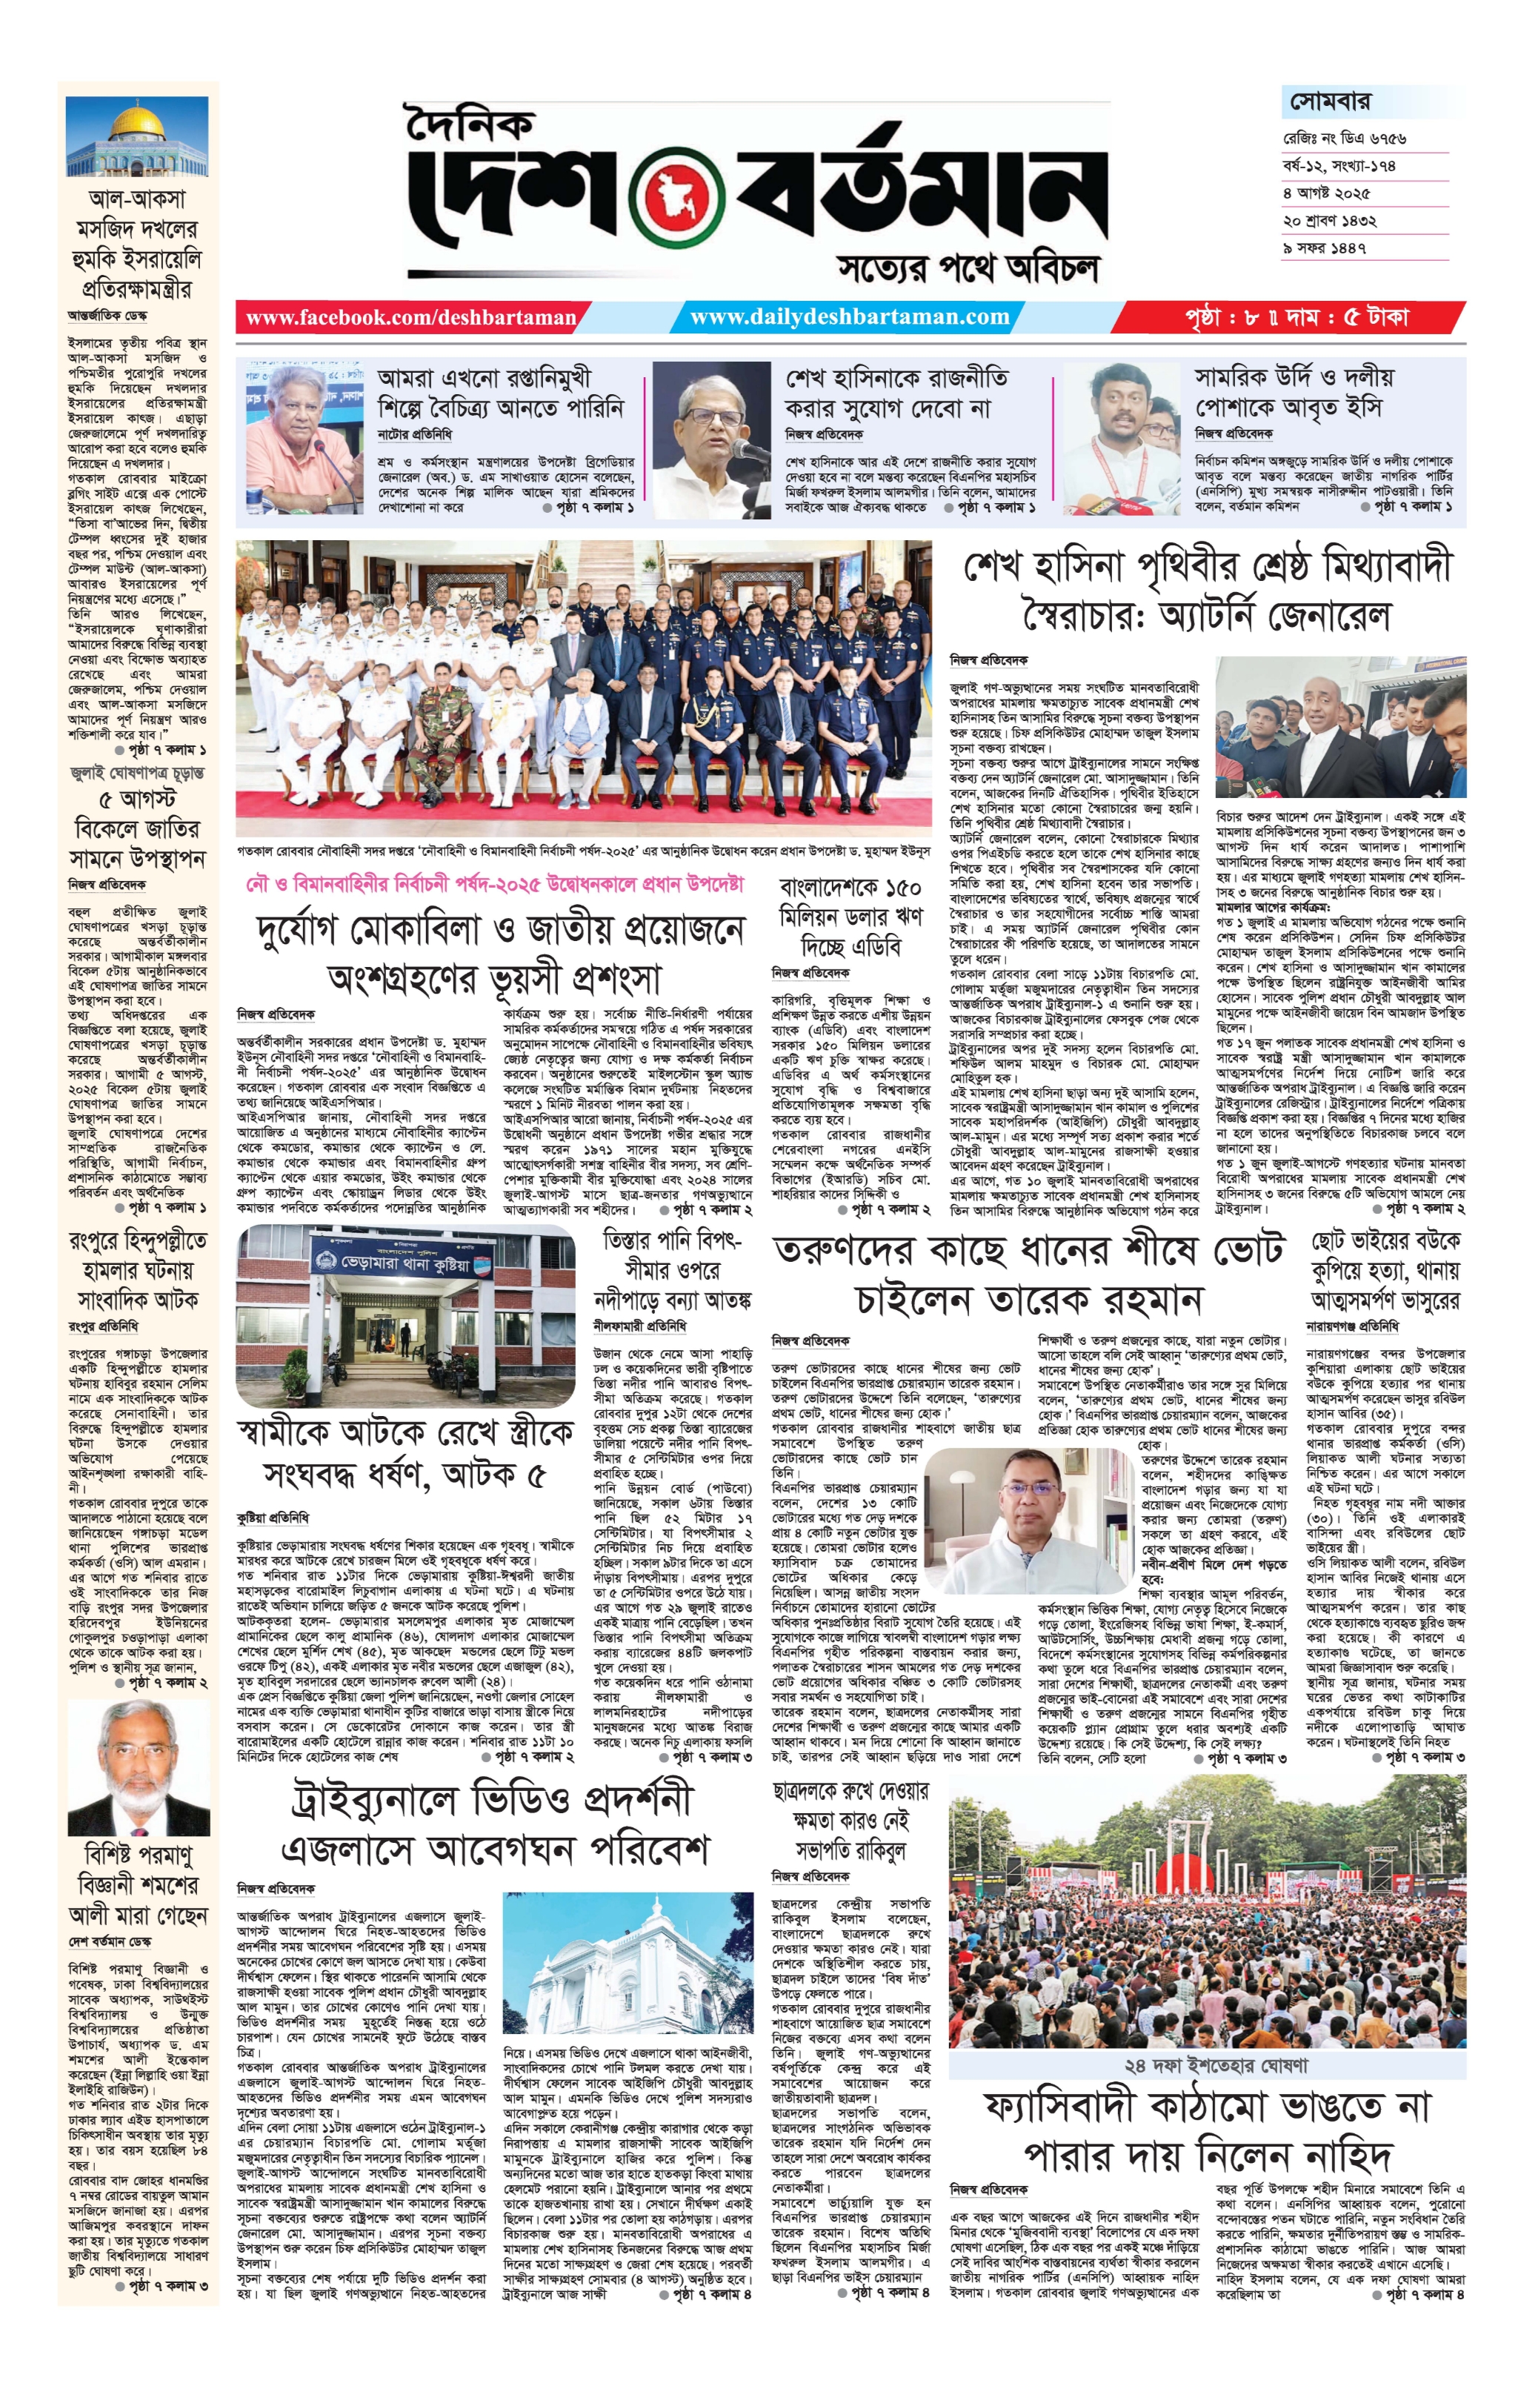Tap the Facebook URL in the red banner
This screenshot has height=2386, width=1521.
pos(411,318)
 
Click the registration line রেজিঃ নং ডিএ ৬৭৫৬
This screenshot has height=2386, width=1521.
pos(1345,138)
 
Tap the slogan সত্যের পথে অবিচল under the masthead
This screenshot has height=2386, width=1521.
pos(968,268)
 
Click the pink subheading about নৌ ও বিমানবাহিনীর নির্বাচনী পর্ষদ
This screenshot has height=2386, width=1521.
pos(494,884)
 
